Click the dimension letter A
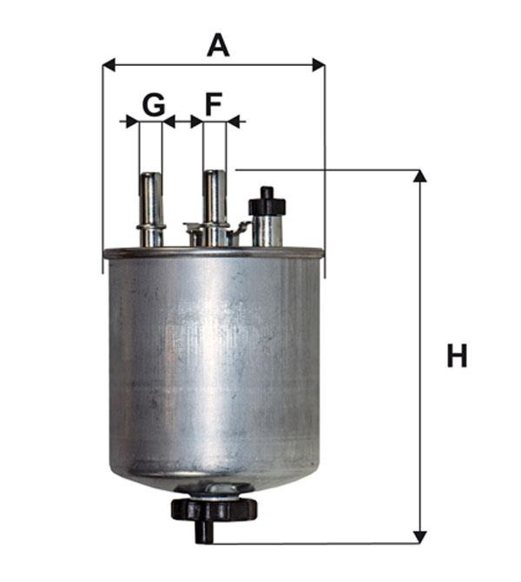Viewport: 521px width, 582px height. click(x=218, y=45)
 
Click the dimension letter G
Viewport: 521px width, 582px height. click(x=153, y=105)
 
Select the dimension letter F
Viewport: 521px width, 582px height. click(x=214, y=104)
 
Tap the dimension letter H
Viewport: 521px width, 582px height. click(x=457, y=356)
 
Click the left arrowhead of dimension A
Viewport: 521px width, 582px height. click(x=109, y=65)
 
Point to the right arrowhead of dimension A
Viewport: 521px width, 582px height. click(x=319, y=65)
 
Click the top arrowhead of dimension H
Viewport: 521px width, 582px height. click(x=420, y=176)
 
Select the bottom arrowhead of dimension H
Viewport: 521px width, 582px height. click(x=420, y=537)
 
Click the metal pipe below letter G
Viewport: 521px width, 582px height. click(x=151, y=209)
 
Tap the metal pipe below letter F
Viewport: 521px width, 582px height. click(x=214, y=208)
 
